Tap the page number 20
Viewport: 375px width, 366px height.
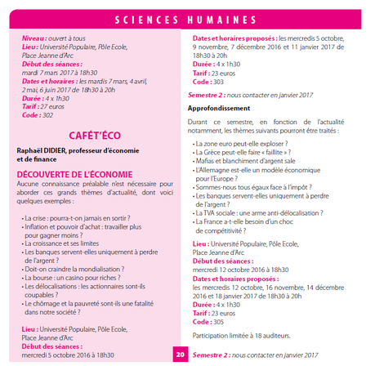[181, 355]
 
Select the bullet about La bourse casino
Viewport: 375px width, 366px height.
[77, 278]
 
